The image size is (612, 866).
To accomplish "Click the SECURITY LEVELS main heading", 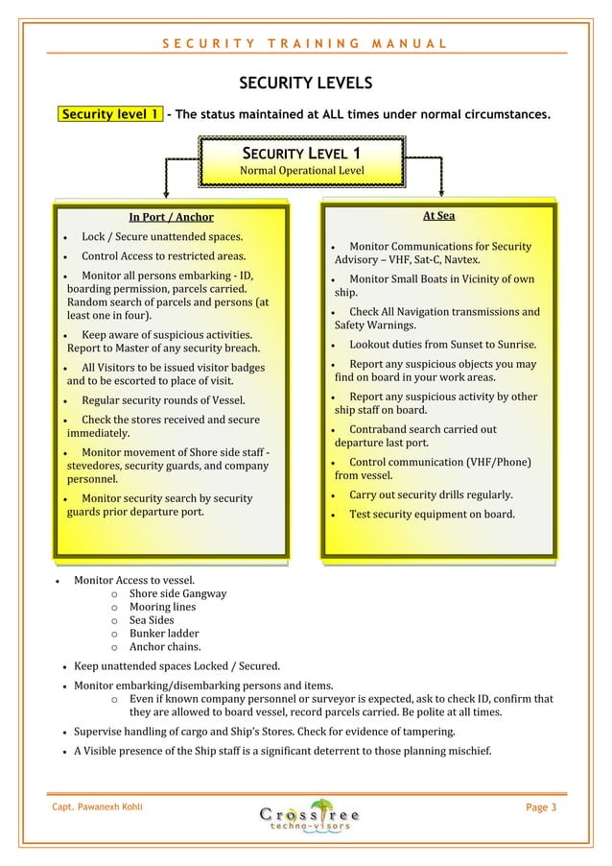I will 305,84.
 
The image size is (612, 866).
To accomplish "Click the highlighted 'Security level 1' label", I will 110,115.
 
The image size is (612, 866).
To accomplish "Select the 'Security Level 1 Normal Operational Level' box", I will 301,161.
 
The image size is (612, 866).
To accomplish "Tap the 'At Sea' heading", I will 438,215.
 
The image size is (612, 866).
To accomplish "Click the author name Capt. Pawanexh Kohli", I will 98,807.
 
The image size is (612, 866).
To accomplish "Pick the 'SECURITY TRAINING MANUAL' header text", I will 304,43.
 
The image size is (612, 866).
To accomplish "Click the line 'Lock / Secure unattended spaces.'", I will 161,236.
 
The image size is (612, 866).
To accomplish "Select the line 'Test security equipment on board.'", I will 432,514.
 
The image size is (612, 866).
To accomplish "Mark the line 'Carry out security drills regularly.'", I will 431,494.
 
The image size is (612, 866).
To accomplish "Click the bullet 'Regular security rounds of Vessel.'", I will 162,399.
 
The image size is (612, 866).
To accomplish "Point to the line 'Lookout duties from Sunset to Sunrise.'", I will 442,344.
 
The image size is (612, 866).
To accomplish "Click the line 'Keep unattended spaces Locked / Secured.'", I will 177,665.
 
